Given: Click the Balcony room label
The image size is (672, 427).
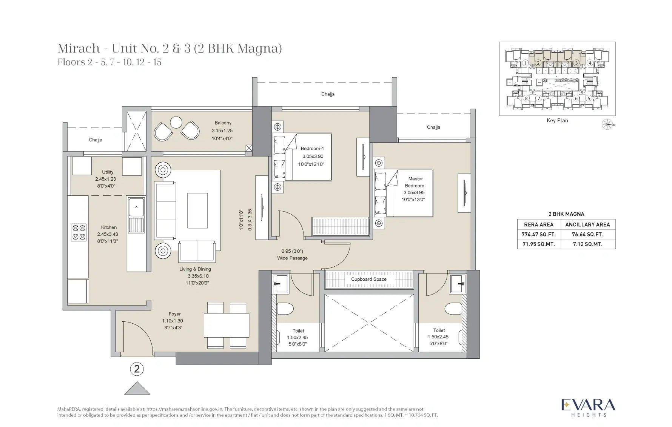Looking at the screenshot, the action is pos(223,123).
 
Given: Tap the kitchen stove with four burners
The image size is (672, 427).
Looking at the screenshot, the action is pos(79,232).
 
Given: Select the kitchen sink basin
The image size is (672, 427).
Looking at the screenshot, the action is pos(136,207).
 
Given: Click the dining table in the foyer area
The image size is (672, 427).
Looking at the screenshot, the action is pos(226,325).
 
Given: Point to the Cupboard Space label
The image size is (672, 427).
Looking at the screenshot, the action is pos(369,279).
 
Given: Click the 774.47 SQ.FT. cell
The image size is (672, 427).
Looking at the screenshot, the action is pos(538,234).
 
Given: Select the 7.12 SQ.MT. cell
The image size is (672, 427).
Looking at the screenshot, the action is pos(587,244).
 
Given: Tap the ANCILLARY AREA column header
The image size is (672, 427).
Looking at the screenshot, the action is pos(587,224).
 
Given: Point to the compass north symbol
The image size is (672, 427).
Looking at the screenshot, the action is pos(607,124).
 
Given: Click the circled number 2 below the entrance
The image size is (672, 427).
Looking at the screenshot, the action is pos(137,369).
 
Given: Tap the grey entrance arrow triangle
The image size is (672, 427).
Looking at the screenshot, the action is pos(137,388).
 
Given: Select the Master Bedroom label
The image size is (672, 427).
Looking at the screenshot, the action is pos(415,182).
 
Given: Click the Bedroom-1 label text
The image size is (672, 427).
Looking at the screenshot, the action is pos(312,149).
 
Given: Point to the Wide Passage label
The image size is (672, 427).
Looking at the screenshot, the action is pos(293,258).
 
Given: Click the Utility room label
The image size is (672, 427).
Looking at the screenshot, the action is pos(108,172).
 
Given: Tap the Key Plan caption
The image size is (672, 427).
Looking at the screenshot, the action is pos(557,121).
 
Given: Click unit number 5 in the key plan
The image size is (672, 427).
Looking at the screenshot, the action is pos(589,98).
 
